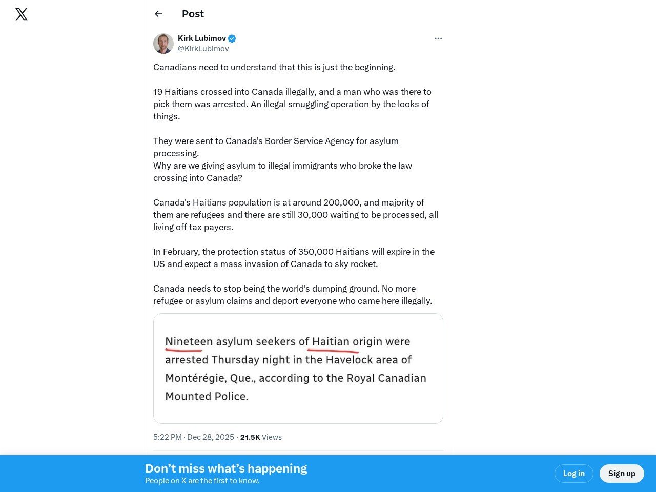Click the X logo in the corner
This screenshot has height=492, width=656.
[22, 14]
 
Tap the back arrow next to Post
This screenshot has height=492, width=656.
[158, 14]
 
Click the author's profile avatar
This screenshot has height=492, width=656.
[163, 44]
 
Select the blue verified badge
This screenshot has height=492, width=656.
[232, 38]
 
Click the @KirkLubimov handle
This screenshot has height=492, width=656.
[203, 49]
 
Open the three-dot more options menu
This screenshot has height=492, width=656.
[438, 38]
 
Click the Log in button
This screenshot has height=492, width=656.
[573, 474]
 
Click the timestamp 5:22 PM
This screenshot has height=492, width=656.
[168, 437]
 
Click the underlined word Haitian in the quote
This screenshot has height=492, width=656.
[331, 342]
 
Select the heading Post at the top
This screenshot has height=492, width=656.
[193, 14]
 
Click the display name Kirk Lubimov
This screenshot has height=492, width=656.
[202, 38]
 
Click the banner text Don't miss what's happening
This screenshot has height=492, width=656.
[226, 468]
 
